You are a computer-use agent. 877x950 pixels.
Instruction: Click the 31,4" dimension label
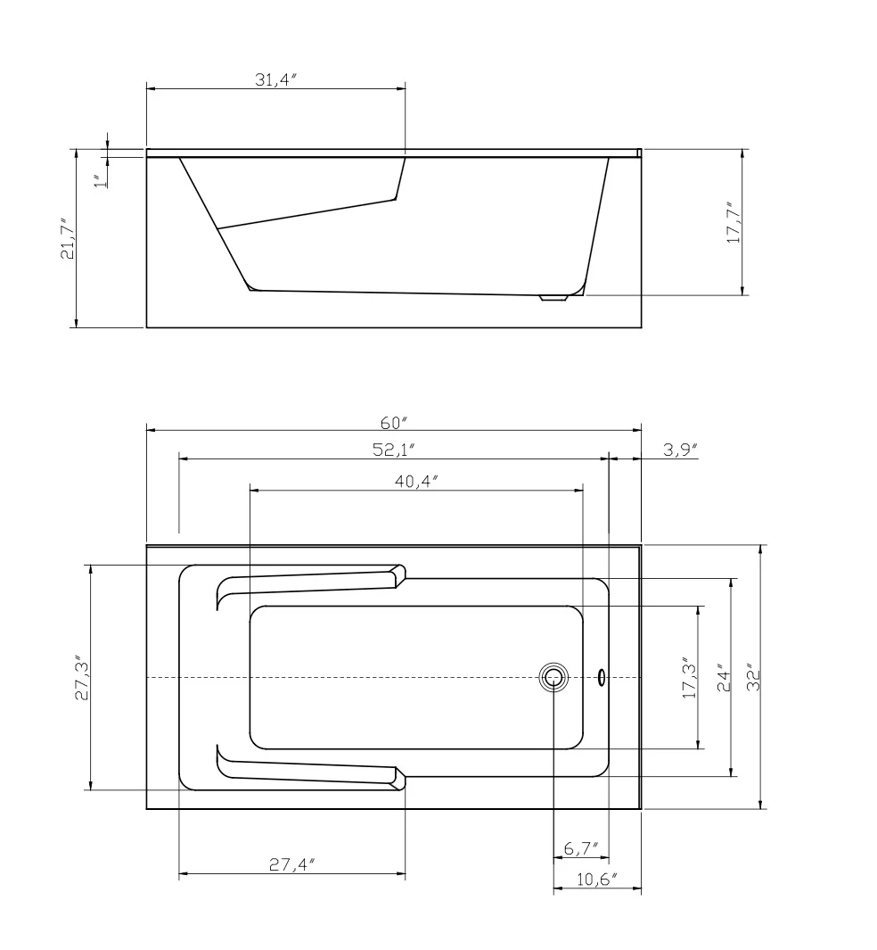pyautogui.click(x=275, y=79)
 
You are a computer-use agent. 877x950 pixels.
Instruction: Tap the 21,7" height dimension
pyautogui.click(x=67, y=239)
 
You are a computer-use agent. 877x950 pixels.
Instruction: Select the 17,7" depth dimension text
pyautogui.click(x=734, y=223)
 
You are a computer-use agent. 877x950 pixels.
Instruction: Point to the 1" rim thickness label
pyautogui.click(x=102, y=180)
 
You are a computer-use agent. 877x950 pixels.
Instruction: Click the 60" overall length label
pyautogui.click(x=394, y=422)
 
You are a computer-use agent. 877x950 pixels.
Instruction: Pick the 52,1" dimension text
pyautogui.click(x=393, y=450)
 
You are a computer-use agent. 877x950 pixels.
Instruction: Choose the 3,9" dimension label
pyautogui.click(x=681, y=450)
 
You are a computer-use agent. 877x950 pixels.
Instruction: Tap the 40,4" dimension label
pyautogui.click(x=416, y=481)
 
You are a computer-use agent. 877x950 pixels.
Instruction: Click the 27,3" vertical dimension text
pyautogui.click(x=82, y=677)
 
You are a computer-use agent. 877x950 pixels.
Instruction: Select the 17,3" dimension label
pyautogui.click(x=690, y=677)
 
